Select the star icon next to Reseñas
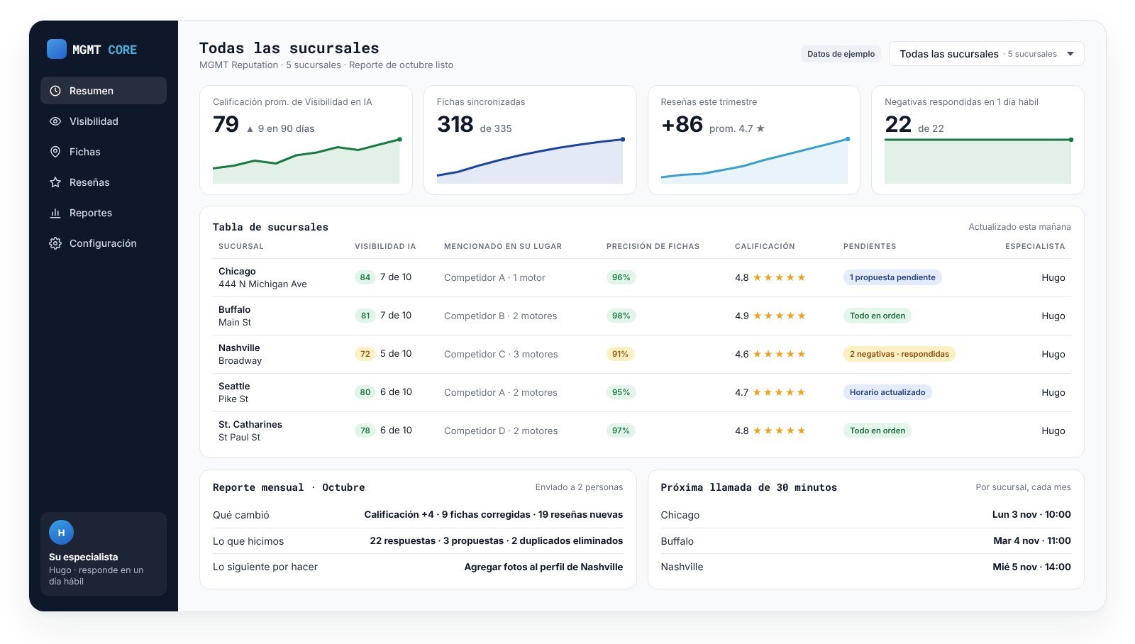pyautogui.click(x=55, y=182)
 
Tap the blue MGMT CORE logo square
pyautogui.click(x=56, y=49)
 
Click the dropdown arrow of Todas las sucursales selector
pyautogui.click(x=1070, y=54)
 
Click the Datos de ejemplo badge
pyautogui.click(x=841, y=54)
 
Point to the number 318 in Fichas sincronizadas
pyautogui.click(x=455, y=124)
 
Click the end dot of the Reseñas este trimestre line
pyautogui.click(x=847, y=139)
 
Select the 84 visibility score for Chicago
pyautogui.click(x=365, y=277)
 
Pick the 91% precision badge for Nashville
pyautogui.click(x=620, y=354)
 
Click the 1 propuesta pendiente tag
pyautogui.click(x=892, y=277)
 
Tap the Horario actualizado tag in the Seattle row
pyautogui.click(x=887, y=392)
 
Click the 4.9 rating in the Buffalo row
pyautogui.click(x=741, y=316)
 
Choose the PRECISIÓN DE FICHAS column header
pyautogui.click(x=653, y=246)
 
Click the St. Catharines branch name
pyautogui.click(x=250, y=424)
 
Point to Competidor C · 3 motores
pyautogui.click(x=501, y=354)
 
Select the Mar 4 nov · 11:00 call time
pyautogui.click(x=1031, y=540)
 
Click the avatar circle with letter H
pyautogui.click(x=61, y=533)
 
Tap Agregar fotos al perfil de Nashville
pyautogui.click(x=543, y=567)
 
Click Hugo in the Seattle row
pyautogui.click(x=1053, y=392)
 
